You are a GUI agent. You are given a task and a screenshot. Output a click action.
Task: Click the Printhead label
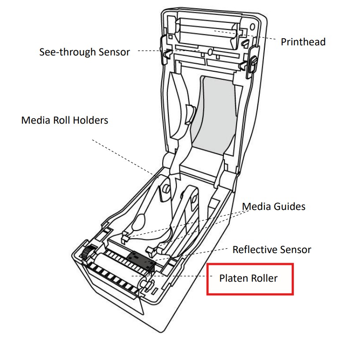tap(303, 42)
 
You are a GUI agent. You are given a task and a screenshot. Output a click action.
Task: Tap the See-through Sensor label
tap(85, 52)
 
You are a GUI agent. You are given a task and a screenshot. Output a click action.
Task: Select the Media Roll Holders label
tap(64, 120)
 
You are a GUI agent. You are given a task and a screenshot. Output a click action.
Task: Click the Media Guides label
tap(274, 206)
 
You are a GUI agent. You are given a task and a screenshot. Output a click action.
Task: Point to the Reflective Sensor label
tap(272, 250)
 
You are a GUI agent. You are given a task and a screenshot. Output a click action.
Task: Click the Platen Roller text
tap(249, 278)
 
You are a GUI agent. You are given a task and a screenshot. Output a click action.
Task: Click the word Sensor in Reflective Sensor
tap(294, 250)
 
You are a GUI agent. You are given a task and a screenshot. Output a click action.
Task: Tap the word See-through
tap(65, 52)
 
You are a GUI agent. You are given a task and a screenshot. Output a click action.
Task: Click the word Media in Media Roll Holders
tap(33, 120)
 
